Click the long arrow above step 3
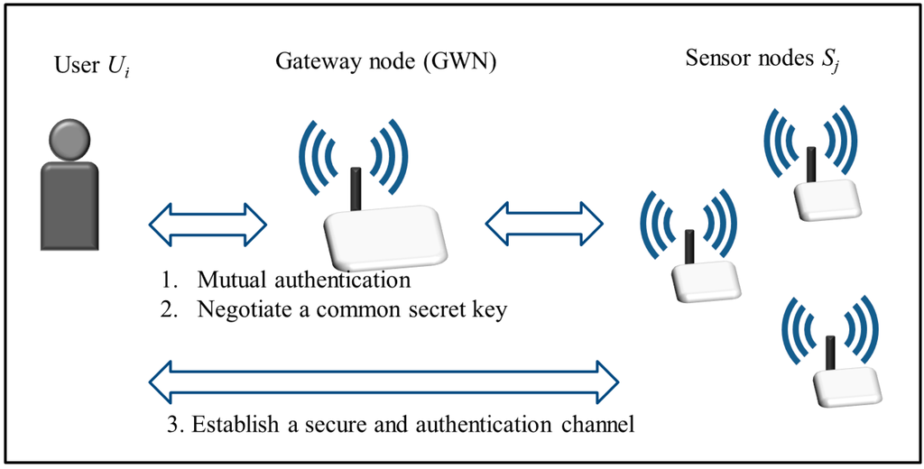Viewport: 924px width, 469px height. pyautogui.click(x=383, y=379)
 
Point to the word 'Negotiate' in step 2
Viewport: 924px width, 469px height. pyautogui.click(x=238, y=310)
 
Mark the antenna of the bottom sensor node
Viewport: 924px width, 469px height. pyautogui.click(x=828, y=350)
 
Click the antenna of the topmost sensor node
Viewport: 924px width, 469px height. pyautogui.click(x=810, y=162)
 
